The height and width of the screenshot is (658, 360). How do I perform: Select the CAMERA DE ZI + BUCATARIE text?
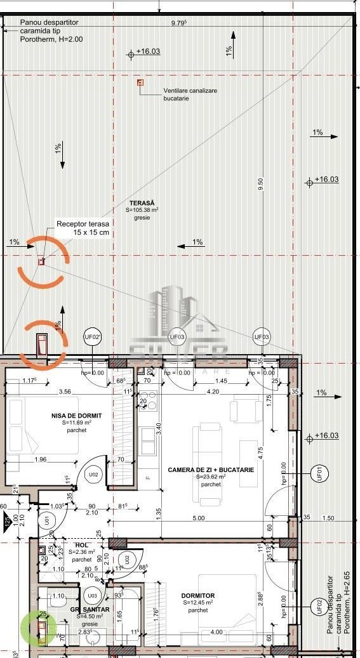(x=211, y=470)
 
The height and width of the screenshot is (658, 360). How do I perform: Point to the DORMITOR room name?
(x=197, y=595)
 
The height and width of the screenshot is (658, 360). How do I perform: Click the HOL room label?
(x=81, y=545)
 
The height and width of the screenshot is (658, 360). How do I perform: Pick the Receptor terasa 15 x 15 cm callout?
(x=83, y=228)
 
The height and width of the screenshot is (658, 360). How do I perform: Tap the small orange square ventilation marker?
(x=140, y=82)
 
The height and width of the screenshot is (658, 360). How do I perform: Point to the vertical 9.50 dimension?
(x=260, y=184)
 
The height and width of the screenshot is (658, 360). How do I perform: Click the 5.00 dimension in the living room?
(x=199, y=518)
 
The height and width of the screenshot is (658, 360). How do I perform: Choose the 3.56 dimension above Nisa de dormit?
(x=65, y=392)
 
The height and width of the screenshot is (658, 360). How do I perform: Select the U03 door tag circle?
(x=93, y=596)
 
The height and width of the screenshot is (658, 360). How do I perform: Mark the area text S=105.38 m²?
(x=142, y=210)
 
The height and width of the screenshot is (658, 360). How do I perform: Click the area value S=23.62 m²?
(x=211, y=477)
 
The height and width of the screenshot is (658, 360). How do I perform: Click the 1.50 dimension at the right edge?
(x=328, y=518)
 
